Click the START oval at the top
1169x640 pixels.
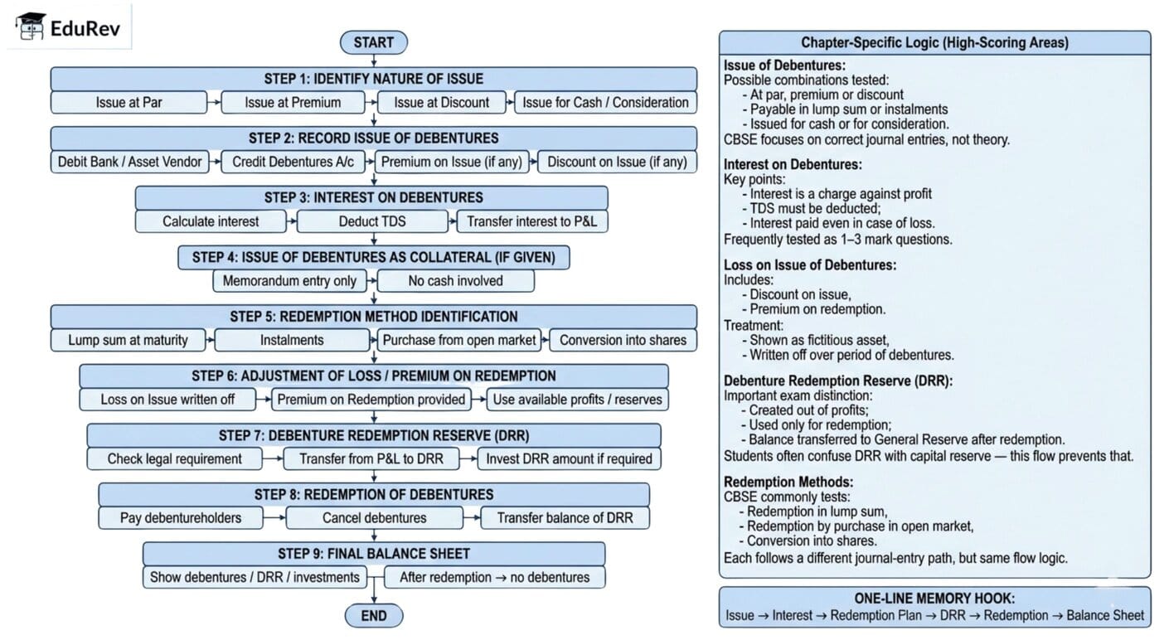pos(373,42)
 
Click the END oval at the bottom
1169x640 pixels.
pos(373,615)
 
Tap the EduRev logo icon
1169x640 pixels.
pos(32,27)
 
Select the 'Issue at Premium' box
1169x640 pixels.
pos(293,103)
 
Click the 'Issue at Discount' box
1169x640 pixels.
pos(441,103)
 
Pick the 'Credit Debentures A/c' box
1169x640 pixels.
pos(293,162)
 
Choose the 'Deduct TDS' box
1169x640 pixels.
pos(371,221)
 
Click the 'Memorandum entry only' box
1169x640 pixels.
pos(289,281)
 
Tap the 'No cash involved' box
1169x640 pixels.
pos(455,281)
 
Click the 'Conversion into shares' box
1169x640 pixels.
pos(623,340)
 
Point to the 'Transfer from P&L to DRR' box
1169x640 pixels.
pos(371,458)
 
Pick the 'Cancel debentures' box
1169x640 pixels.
pos(374,518)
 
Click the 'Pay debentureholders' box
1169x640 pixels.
pos(181,518)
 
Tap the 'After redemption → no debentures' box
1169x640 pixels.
pos(494,577)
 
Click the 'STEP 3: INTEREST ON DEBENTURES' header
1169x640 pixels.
pos(371,197)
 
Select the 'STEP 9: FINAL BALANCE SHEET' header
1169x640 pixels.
pos(373,553)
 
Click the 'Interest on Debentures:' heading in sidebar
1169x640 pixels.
pos(793,165)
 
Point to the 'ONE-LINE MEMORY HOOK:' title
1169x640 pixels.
pos(934,599)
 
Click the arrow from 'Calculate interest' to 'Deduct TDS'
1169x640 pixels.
pos(290,221)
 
